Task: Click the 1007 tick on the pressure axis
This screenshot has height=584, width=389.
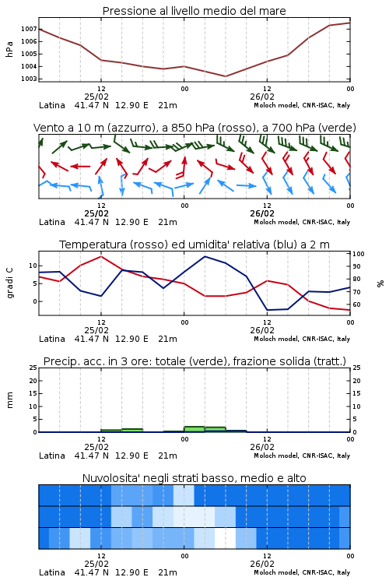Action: click(28, 29)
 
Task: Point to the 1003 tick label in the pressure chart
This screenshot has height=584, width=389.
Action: click(28, 79)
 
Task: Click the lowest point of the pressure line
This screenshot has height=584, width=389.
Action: click(225, 76)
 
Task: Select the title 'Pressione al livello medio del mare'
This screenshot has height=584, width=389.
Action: click(194, 11)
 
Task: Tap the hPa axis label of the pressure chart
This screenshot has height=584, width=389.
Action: click(9, 49)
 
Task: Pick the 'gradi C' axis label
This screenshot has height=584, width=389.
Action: click(9, 283)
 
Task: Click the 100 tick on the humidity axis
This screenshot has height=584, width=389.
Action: click(359, 254)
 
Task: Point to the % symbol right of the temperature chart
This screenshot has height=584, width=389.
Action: click(380, 283)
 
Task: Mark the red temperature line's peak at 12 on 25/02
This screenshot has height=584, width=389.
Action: click(101, 256)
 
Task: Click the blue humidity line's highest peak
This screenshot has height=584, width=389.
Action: click(205, 256)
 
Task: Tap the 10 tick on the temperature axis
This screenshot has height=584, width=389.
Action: click(33, 266)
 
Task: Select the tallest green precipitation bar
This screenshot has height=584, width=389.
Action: click(194, 429)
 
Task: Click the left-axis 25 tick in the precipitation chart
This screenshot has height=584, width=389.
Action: click(33, 368)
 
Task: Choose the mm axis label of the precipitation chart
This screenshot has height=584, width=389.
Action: click(9, 400)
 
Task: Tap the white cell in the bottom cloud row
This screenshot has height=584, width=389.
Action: click(225, 538)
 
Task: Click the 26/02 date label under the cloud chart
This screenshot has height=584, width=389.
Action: click(262, 564)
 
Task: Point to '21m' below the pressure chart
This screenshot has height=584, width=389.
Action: click(167, 105)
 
